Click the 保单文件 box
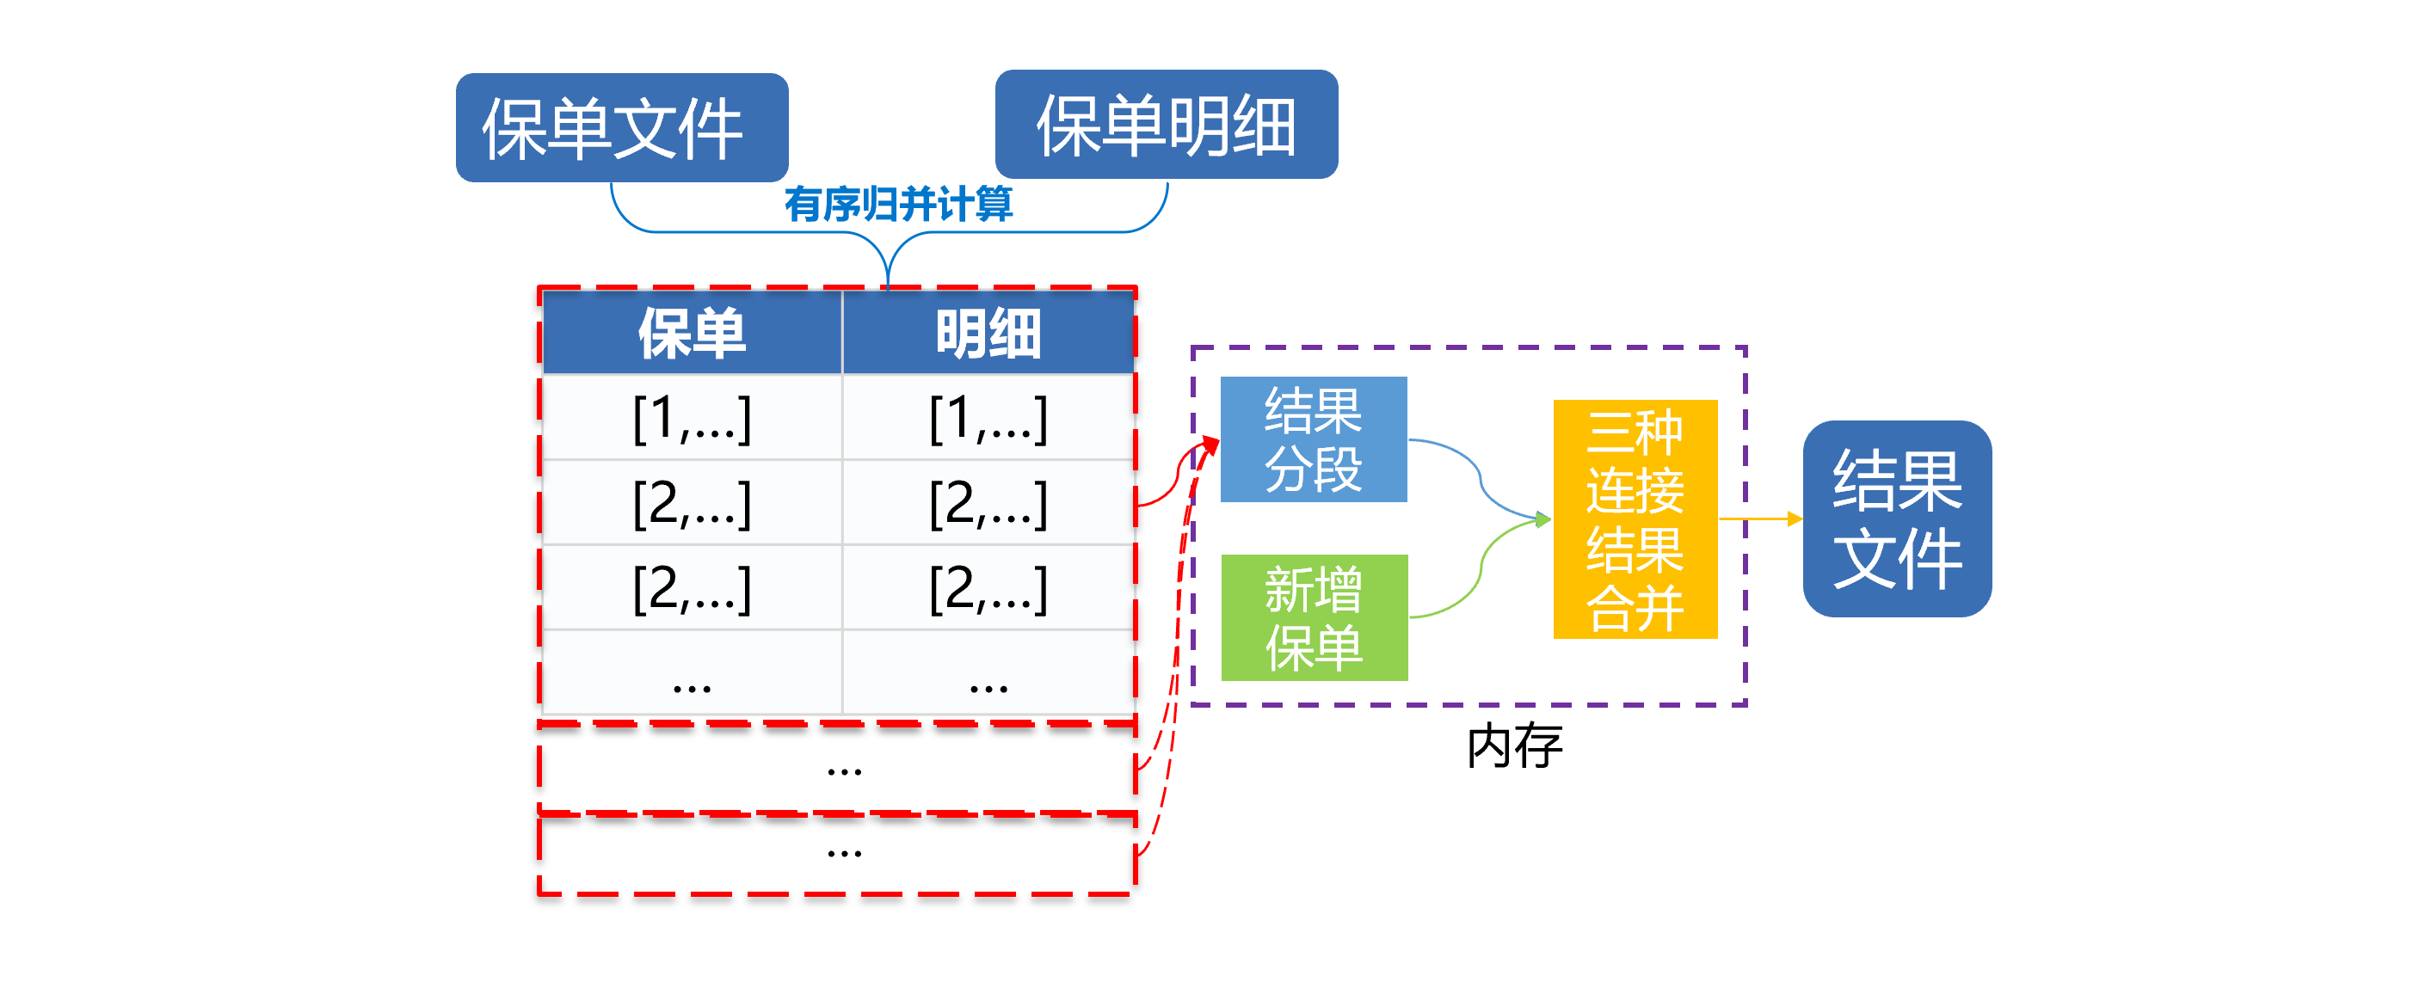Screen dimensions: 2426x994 (622, 128)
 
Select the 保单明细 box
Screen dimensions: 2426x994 (1166, 124)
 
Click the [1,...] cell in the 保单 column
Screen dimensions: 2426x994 (693, 417)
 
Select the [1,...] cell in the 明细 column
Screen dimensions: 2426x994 (988, 417)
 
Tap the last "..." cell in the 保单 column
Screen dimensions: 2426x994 (693, 672)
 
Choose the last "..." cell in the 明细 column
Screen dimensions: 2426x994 (988, 672)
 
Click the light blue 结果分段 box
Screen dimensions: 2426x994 (1314, 439)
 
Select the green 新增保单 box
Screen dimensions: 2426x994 (1314, 617)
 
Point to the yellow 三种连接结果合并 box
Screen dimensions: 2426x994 (1635, 519)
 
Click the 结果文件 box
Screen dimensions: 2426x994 (1897, 518)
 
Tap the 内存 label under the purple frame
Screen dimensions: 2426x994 (1514, 746)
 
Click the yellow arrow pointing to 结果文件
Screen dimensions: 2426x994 (1760, 518)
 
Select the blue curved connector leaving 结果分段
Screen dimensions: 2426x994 (1481, 480)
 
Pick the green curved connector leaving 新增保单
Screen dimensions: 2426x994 (1481, 565)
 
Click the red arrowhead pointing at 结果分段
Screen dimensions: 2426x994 (1210, 445)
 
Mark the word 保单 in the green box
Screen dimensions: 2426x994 (1314, 647)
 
